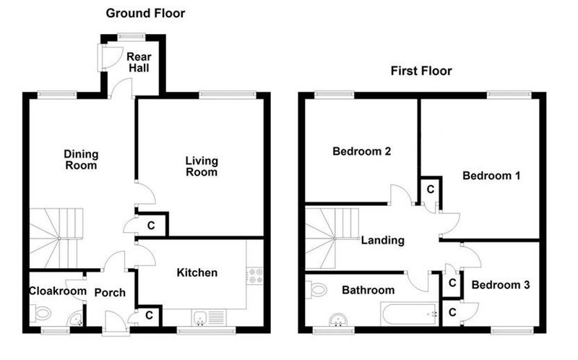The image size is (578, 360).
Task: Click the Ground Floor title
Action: tap(145, 13)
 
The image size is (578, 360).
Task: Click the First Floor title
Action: tap(421, 70)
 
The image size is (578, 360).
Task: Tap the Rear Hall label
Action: tap(139, 62)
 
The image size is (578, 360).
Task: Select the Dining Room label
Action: tap(81, 159)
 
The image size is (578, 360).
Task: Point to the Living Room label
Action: tap(202, 166)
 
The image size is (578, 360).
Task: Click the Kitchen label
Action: tap(197, 273)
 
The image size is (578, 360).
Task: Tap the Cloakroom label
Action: tap(58, 291)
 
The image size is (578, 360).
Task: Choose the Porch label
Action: tap(110, 293)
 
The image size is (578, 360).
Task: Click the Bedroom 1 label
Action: tap(491, 176)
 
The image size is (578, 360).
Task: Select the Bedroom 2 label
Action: tap(362, 151)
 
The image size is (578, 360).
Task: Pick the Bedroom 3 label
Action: tap(501, 285)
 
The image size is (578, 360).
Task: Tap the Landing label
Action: tap(383, 241)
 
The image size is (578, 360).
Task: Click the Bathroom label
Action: tap(368, 290)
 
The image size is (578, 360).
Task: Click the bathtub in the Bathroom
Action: tap(410, 314)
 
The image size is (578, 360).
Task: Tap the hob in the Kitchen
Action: tap(255, 276)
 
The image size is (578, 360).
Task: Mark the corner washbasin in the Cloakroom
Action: tap(77, 320)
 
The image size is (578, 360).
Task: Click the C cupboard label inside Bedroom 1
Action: tap(430, 189)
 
